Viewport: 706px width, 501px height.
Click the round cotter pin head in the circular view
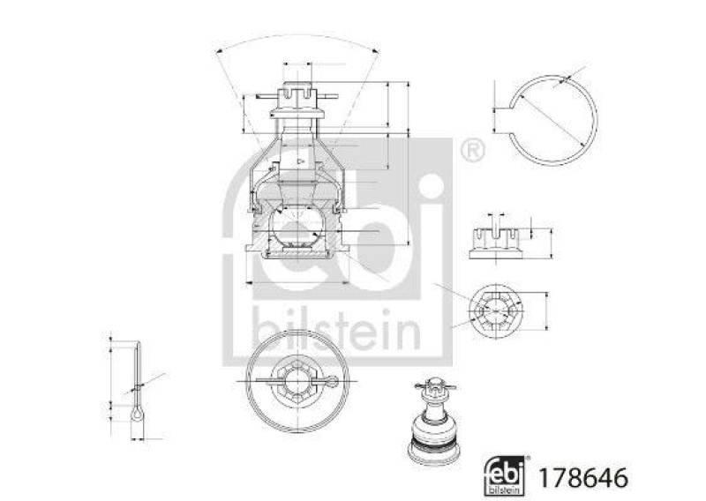coord(331,381)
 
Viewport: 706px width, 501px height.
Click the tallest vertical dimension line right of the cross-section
coord(409,163)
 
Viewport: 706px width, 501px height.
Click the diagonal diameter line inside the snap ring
coord(552,122)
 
